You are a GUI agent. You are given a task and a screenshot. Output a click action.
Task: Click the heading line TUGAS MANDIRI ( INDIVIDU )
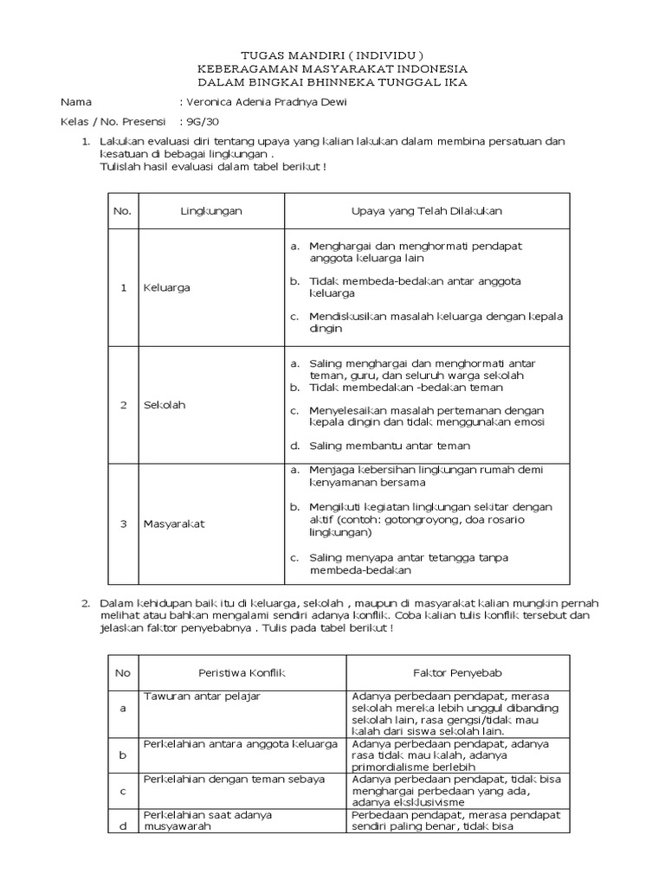tap(332, 54)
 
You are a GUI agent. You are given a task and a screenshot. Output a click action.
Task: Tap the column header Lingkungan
tap(211, 211)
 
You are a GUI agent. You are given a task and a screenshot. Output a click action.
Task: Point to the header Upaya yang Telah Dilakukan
tap(426, 211)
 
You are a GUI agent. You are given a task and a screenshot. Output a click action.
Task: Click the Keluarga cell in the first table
tap(167, 287)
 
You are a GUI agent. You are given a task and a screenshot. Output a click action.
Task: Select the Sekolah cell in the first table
tap(165, 404)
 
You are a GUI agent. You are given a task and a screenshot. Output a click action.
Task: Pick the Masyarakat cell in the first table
tap(174, 523)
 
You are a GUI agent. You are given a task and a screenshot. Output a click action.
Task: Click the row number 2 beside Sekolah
tap(123, 404)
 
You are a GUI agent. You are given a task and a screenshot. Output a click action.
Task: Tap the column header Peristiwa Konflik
tap(242, 671)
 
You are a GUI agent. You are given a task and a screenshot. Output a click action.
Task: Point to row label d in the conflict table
tap(122, 826)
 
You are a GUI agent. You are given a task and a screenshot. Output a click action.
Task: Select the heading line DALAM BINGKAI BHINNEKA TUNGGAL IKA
tap(332, 81)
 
